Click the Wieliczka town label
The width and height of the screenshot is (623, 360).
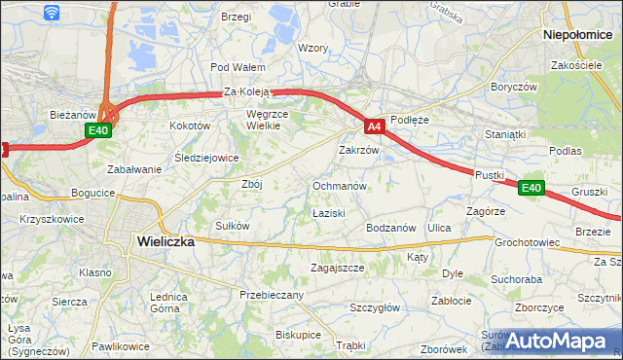[x=165, y=241]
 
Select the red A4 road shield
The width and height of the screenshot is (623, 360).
[x=375, y=126]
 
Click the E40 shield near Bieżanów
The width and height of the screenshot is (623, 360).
[x=97, y=130]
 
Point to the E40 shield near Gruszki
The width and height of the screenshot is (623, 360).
[x=530, y=188]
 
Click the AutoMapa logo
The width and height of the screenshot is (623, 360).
[x=556, y=341]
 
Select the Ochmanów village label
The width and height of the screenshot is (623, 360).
[x=339, y=185]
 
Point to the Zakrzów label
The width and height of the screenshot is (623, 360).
[x=357, y=151]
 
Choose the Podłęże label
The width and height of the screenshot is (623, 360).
[x=409, y=120]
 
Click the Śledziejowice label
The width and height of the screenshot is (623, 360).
[x=206, y=158]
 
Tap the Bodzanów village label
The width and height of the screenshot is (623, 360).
[x=391, y=227]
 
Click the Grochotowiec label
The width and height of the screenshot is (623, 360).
[x=526, y=241]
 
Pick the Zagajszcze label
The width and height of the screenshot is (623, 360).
[x=337, y=267]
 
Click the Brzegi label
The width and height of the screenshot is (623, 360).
[x=237, y=17]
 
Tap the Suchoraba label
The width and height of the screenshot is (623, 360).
[x=516, y=279]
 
